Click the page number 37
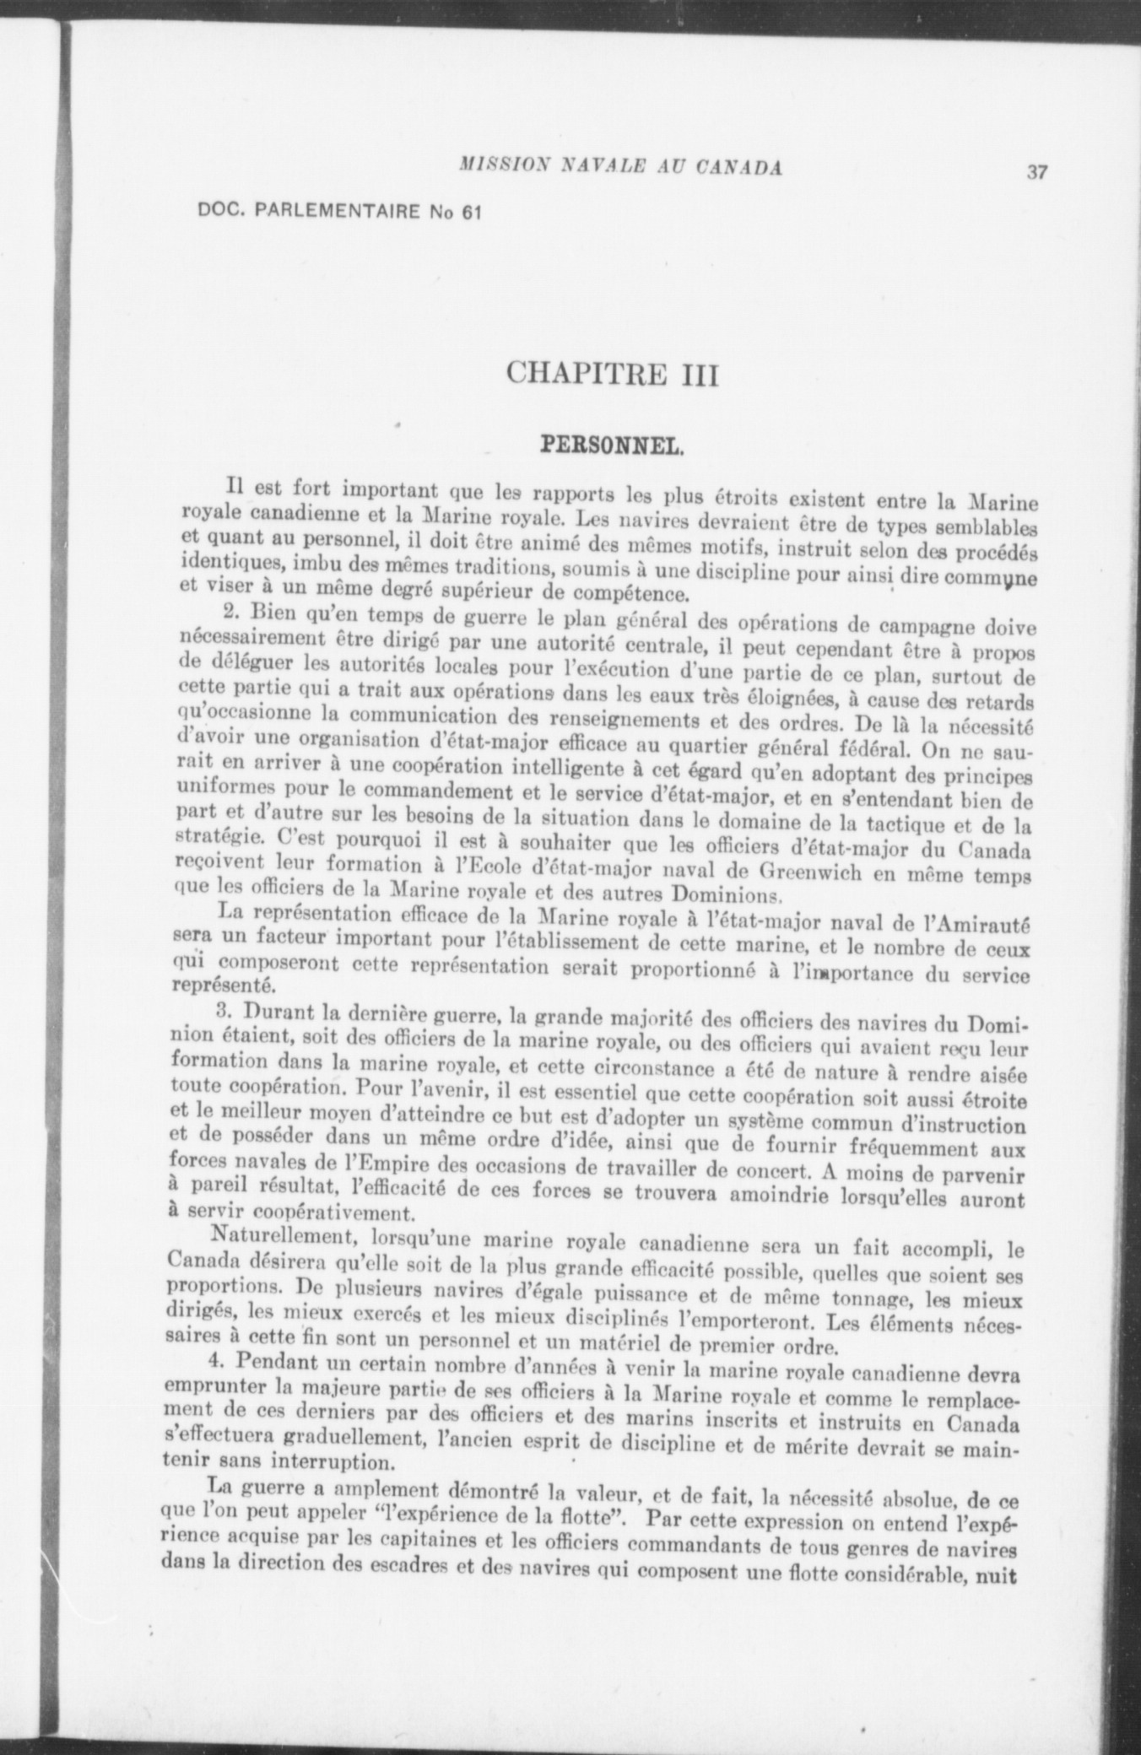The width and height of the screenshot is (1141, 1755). click(x=1036, y=172)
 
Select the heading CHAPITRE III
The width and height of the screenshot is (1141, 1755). click(x=612, y=373)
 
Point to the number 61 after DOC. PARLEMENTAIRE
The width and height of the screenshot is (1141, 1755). click(x=470, y=213)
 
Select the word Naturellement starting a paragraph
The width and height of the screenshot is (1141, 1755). click(x=273, y=1236)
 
